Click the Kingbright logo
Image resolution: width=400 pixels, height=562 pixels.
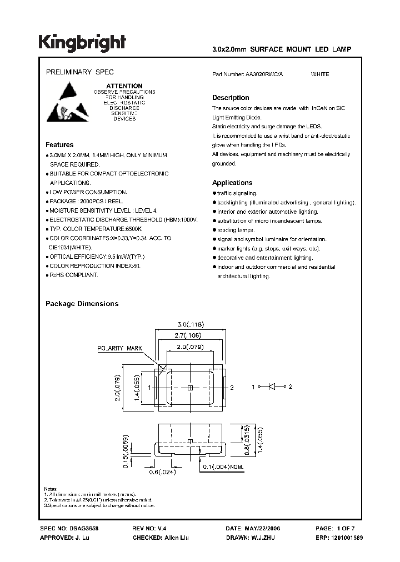point(82,43)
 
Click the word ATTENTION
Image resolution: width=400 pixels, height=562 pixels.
point(124,86)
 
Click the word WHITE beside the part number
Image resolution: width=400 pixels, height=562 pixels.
point(320,74)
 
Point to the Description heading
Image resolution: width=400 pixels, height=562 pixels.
point(231,98)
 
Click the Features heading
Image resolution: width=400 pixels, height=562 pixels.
point(59,145)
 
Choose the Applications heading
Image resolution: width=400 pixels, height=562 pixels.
point(232,183)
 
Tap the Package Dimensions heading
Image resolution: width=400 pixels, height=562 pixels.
point(82,304)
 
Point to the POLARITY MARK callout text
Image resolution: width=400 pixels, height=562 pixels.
point(120,348)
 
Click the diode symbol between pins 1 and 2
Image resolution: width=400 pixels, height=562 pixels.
point(272,386)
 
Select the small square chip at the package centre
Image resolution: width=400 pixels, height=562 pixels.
point(189,387)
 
